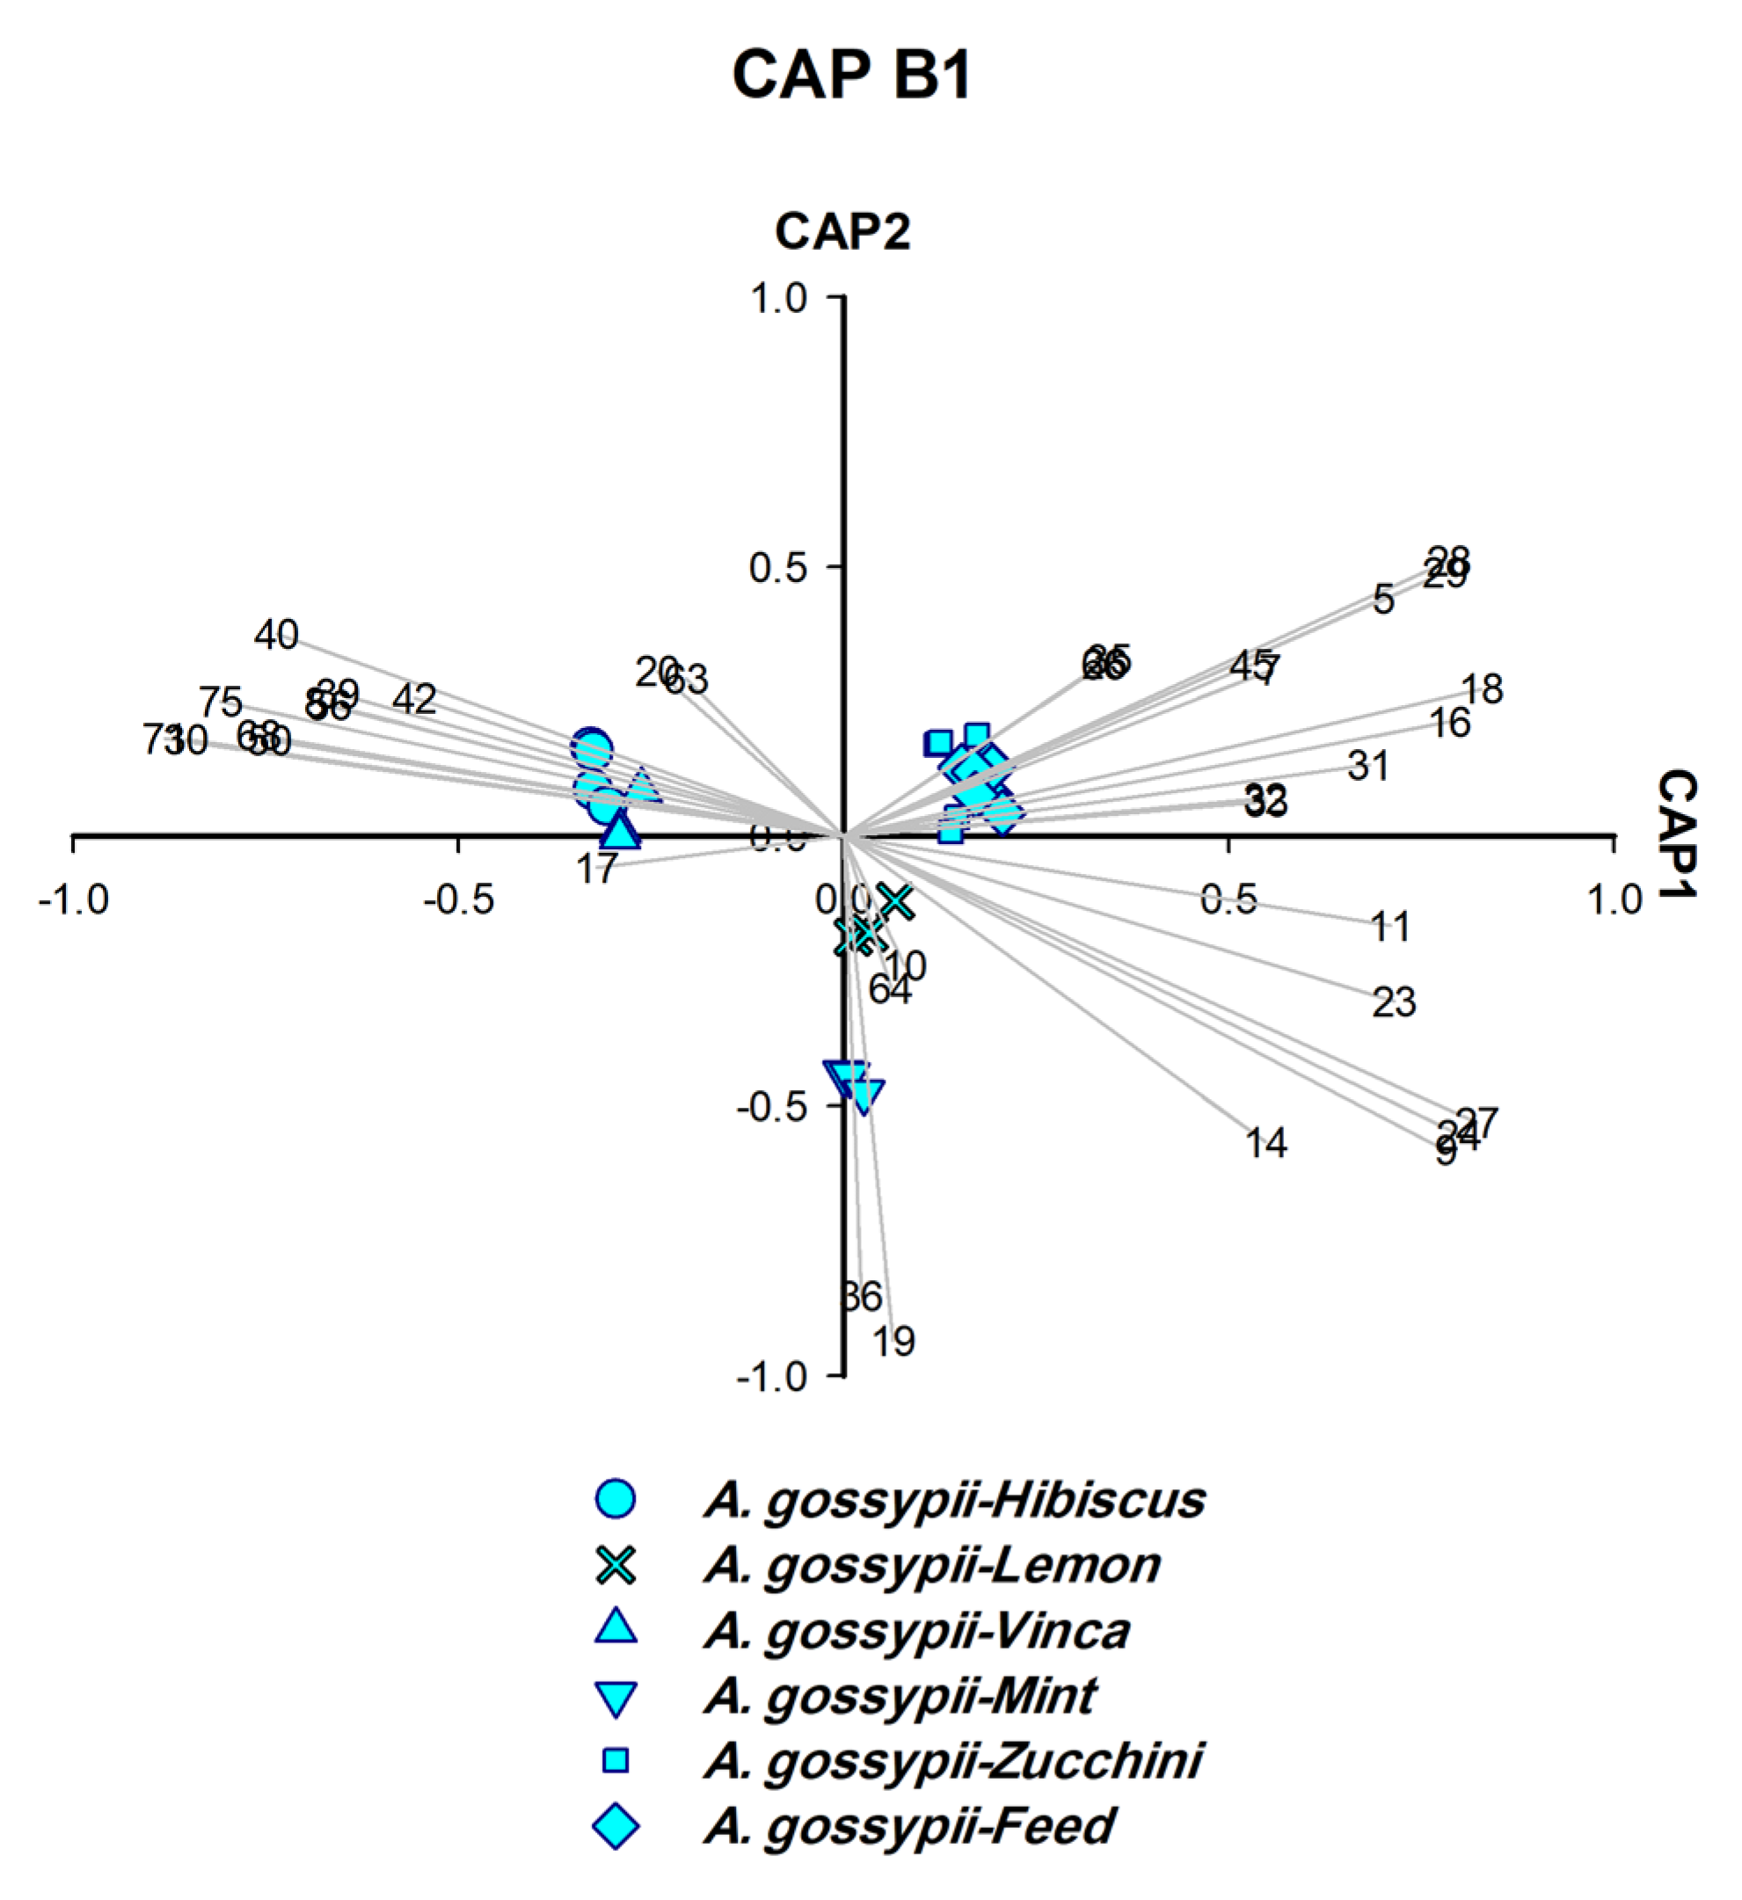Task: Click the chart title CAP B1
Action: pyautogui.click(x=851, y=76)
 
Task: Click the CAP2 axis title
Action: pyautogui.click(x=842, y=232)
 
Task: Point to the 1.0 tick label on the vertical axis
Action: pyautogui.click(x=777, y=299)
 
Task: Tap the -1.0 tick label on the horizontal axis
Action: pyautogui.click(x=74, y=900)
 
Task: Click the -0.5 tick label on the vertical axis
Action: pyautogui.click(x=773, y=1106)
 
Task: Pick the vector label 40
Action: pyautogui.click(x=276, y=635)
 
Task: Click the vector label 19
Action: pyautogui.click(x=893, y=1342)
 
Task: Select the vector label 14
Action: pyautogui.click(x=1266, y=1143)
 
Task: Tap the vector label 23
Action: pyautogui.click(x=1394, y=1003)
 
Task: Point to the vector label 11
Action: pyautogui.click(x=1390, y=928)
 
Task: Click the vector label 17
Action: pyautogui.click(x=595, y=869)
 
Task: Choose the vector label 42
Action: pyautogui.click(x=414, y=699)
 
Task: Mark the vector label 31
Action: pyautogui.click(x=1367, y=766)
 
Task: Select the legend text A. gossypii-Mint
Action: pyautogui.click(x=900, y=1696)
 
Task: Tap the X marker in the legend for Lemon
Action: pyautogui.click(x=616, y=1565)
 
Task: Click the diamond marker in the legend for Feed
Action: pyautogui.click(x=616, y=1826)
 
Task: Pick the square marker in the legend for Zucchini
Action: pyautogui.click(x=616, y=1760)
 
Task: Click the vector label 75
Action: pyautogui.click(x=221, y=702)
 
